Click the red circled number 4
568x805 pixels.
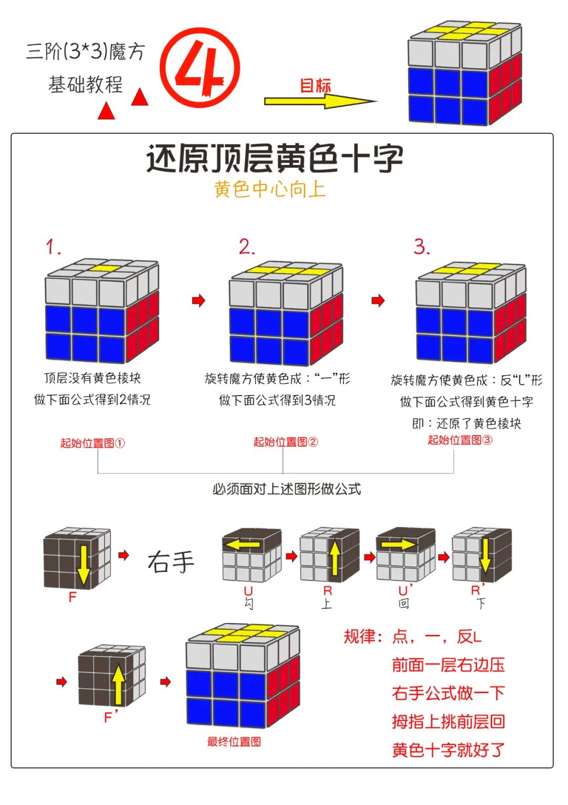pyautogui.click(x=200, y=67)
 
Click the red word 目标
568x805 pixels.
pyautogui.click(x=316, y=85)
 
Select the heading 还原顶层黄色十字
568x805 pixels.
pyautogui.click(x=275, y=158)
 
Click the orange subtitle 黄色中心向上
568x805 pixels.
pyautogui.click(x=269, y=189)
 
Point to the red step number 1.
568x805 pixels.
pyautogui.click(x=53, y=247)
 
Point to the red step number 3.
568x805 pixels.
pyautogui.click(x=422, y=246)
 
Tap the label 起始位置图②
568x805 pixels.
pyautogui.click(x=286, y=441)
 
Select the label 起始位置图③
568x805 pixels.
pyautogui.click(x=460, y=440)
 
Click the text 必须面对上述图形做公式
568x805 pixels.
pyautogui.click(x=287, y=489)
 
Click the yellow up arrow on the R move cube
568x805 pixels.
pyautogui.click(x=334, y=558)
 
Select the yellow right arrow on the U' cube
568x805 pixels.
pyautogui.click(x=398, y=545)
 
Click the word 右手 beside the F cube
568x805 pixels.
pyautogui.click(x=171, y=561)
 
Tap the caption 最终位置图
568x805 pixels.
pyautogui.click(x=234, y=741)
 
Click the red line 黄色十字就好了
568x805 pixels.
pyautogui.click(x=448, y=749)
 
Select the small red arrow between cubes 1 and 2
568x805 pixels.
pyautogui.click(x=198, y=300)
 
